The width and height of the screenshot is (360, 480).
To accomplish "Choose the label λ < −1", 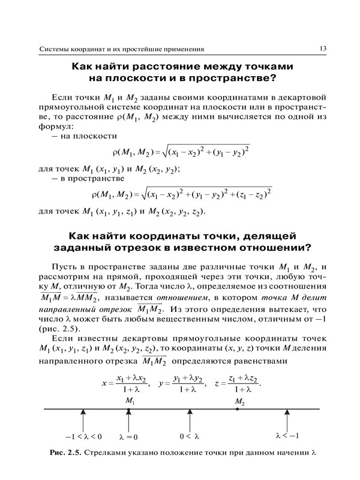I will tap(287, 435).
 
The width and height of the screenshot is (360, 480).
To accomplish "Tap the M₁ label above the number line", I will tap(130, 400).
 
